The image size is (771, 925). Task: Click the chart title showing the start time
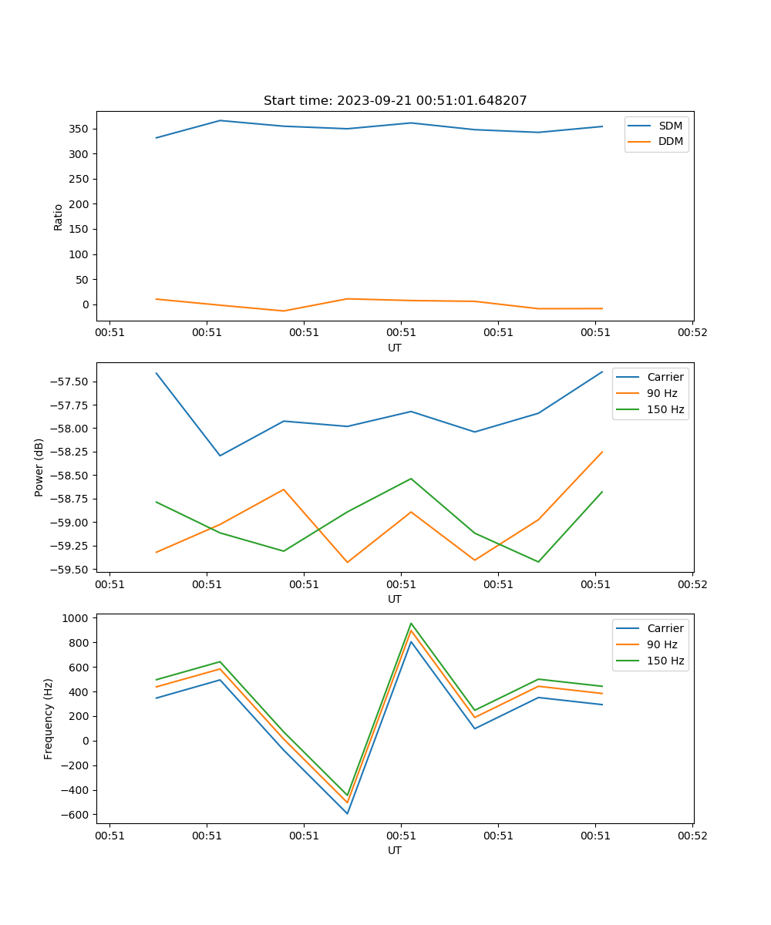[x=395, y=101]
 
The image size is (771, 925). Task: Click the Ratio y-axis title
[x=59, y=217]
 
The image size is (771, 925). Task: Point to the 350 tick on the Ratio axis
[x=80, y=129]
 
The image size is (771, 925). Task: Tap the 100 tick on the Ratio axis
[x=80, y=254]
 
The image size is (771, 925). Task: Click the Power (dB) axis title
[x=39, y=467]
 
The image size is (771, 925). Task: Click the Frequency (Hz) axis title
[x=49, y=718]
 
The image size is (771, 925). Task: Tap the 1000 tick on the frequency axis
[x=77, y=618]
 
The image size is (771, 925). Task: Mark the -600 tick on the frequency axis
[x=77, y=815]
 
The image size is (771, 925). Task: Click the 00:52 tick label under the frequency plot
[x=692, y=835]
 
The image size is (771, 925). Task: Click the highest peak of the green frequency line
[x=411, y=624]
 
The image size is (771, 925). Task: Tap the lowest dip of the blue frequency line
[x=347, y=813]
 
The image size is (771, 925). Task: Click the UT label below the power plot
[x=395, y=599]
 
